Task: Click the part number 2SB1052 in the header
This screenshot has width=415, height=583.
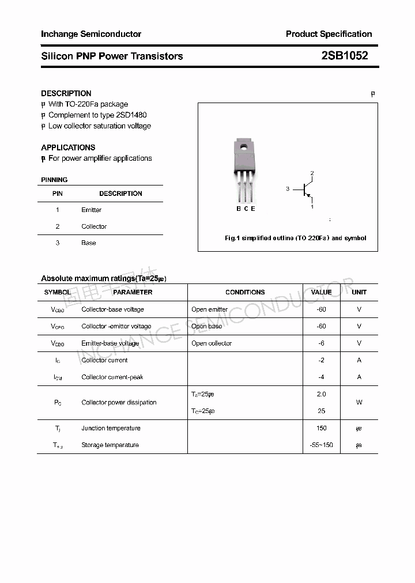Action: coord(344,56)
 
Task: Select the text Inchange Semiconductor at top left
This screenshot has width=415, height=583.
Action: coord(91,34)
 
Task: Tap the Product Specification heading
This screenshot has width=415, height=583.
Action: coord(329,34)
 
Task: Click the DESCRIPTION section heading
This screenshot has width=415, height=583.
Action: coord(66,93)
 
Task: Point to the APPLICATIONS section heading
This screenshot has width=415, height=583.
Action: coord(68,147)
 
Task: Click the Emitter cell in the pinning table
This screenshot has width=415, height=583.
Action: coord(91,210)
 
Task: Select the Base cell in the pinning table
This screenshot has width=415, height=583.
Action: coord(89,243)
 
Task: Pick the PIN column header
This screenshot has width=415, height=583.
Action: coord(58,194)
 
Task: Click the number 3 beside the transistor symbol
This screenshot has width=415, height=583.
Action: coord(288,189)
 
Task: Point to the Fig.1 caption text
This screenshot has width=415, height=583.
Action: coord(295,238)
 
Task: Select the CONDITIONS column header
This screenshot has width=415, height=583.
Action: coord(245,292)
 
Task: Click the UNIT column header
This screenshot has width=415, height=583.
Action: coord(359,292)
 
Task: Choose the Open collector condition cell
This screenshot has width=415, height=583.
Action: coord(212,343)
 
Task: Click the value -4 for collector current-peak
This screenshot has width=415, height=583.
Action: coord(321,377)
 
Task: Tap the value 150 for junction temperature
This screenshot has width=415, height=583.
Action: coord(321,428)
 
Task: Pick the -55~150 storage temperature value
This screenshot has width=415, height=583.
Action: coord(321,445)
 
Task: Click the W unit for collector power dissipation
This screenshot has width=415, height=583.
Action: coord(359,403)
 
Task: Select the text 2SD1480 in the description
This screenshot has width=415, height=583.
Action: coord(127,115)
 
